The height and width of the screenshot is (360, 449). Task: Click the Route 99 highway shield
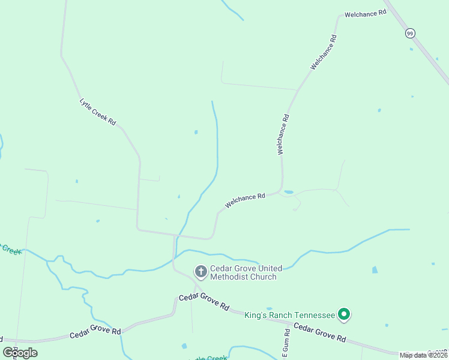click(409, 34)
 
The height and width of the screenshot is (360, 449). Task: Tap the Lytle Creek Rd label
click(97, 111)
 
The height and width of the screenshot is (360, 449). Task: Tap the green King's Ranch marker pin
click(344, 314)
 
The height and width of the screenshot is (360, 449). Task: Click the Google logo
click(20, 352)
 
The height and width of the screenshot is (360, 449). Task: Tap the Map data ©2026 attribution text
click(423, 355)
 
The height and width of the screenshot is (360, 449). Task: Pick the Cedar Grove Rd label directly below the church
click(204, 302)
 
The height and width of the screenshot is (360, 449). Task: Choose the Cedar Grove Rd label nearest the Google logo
click(95, 332)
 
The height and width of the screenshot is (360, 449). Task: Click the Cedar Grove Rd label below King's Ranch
click(320, 332)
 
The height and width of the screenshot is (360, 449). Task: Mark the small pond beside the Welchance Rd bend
click(289, 192)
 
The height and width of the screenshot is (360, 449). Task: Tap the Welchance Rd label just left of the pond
click(245, 200)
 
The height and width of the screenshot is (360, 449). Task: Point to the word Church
click(264, 277)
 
